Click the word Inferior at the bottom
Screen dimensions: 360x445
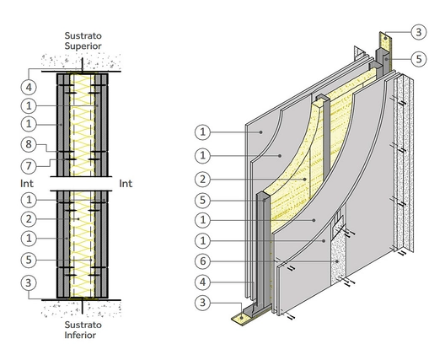click(83, 335)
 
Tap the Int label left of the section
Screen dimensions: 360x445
click(27, 181)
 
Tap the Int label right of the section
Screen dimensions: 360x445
click(127, 181)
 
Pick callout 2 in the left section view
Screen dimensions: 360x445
click(29, 218)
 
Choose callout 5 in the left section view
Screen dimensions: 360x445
click(29, 259)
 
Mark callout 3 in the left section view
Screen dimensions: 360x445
click(29, 282)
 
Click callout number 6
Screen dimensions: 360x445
click(203, 261)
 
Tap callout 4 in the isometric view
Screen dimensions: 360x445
click(203, 282)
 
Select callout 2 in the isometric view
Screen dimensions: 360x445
click(203, 179)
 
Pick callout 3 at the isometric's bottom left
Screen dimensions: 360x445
click(203, 304)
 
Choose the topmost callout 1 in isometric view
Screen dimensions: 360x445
click(203, 132)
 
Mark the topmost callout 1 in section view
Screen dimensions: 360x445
click(29, 105)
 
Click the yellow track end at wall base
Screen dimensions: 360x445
click(242, 319)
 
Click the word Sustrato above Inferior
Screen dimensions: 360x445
click(83, 323)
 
